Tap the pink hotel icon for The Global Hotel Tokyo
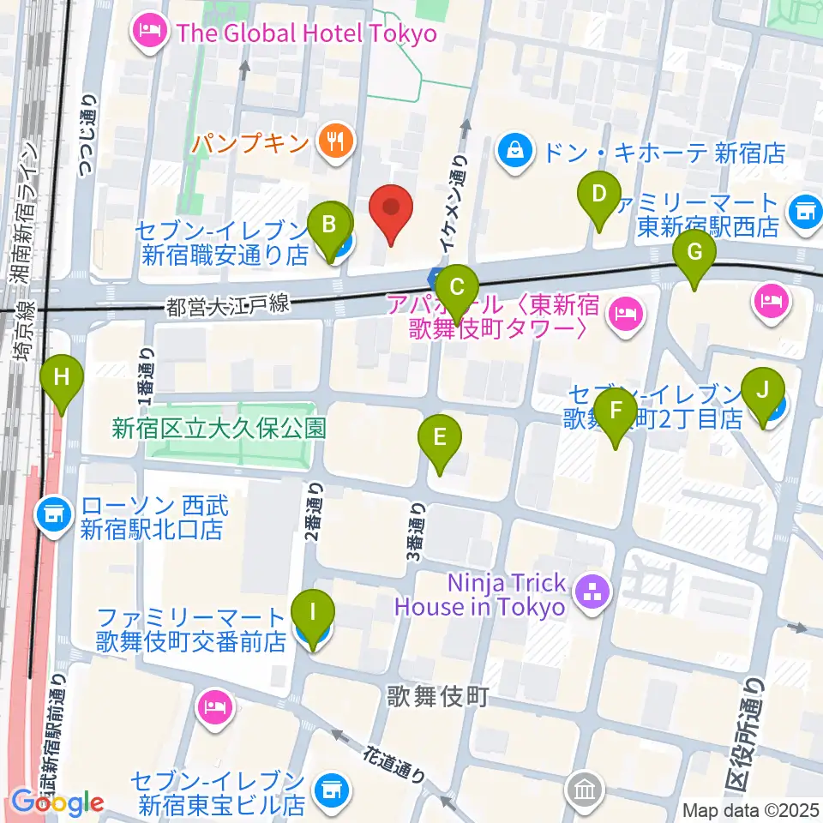151,34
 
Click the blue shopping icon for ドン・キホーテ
516,153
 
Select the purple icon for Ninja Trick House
591,591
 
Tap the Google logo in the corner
58,803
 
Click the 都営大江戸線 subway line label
229,304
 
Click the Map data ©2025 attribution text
751,810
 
